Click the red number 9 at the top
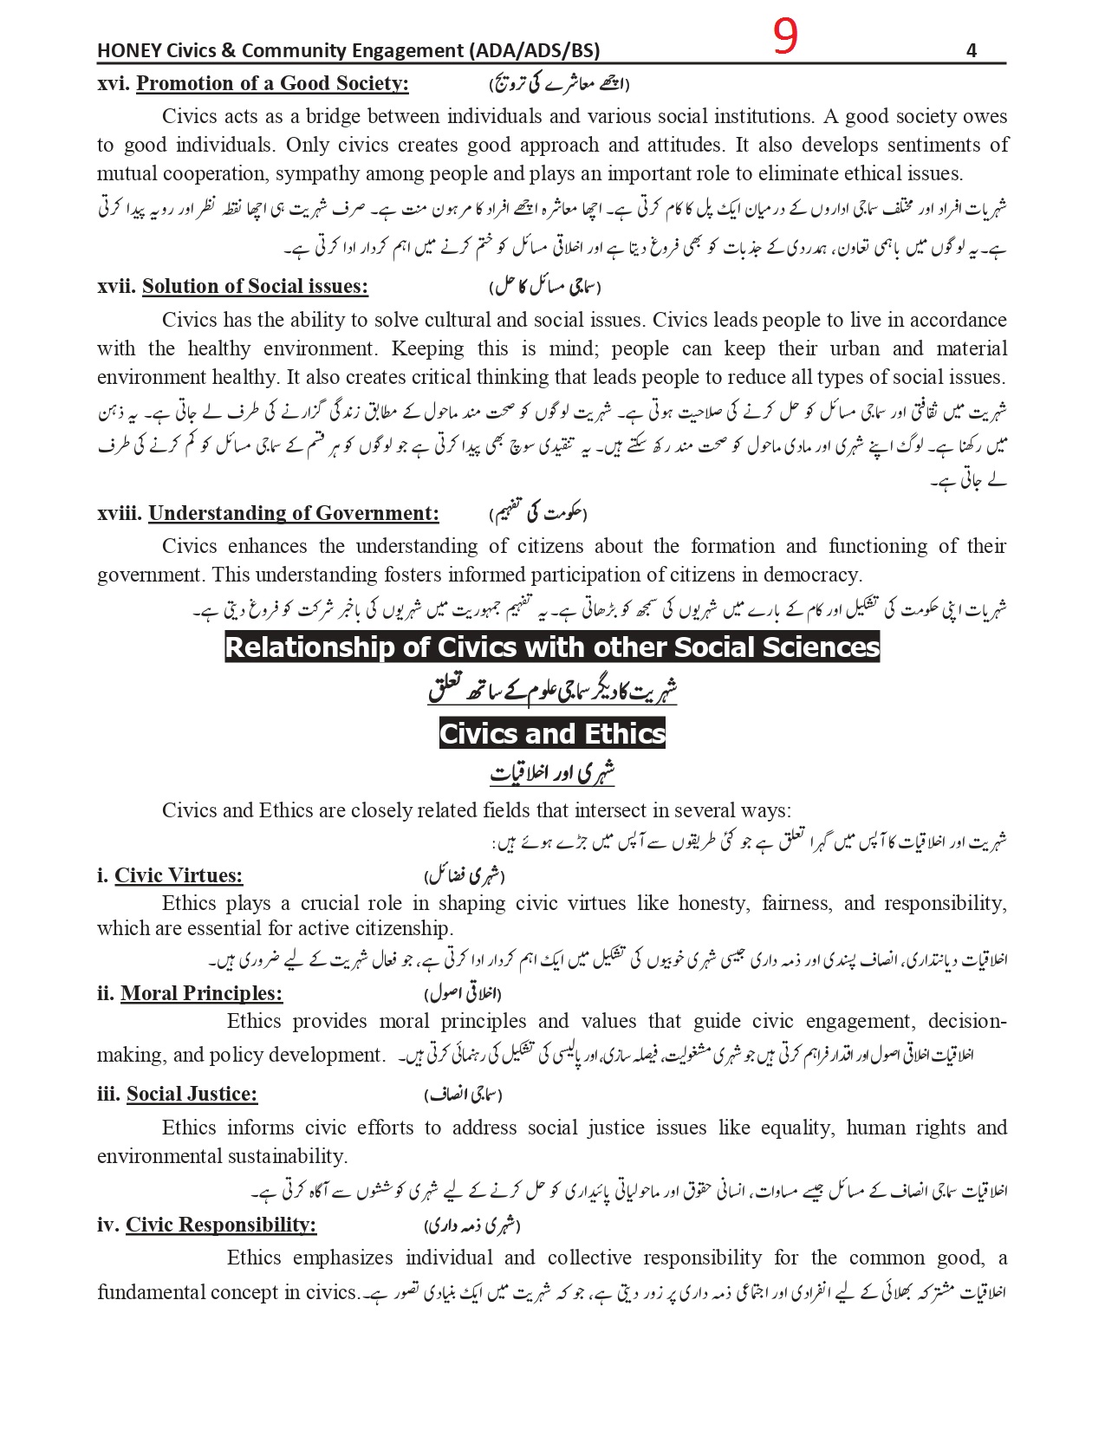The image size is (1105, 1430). (784, 37)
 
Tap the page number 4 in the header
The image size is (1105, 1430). (971, 50)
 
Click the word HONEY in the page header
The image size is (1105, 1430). (126, 50)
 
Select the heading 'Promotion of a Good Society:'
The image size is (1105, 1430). (272, 83)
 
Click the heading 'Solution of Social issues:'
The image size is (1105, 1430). (255, 286)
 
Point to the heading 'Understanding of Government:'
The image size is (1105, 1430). (293, 513)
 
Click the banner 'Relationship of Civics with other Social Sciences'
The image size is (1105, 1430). (552, 647)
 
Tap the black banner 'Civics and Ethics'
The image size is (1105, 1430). (552, 733)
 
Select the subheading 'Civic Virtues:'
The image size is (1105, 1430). (179, 875)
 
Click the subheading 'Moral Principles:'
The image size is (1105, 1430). (201, 993)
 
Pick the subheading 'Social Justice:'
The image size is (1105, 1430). (192, 1094)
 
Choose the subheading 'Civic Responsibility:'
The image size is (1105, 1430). (221, 1225)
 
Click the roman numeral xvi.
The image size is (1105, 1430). (113, 83)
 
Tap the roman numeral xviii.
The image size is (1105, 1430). (120, 513)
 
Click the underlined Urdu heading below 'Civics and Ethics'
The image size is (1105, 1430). (552, 773)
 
